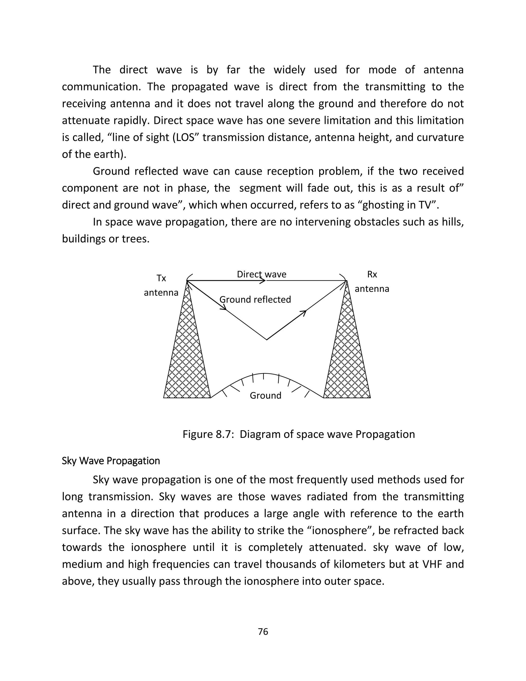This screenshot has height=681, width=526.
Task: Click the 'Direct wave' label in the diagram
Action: (x=261, y=274)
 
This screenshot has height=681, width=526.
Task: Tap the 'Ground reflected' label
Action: (x=255, y=300)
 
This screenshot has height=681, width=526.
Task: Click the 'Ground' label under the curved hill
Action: (x=266, y=396)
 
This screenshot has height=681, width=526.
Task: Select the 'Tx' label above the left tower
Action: (x=161, y=278)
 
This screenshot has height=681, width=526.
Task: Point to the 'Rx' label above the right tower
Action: (x=372, y=274)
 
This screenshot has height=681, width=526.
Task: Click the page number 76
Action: (x=263, y=632)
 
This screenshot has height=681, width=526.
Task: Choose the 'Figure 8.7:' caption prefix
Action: (x=208, y=434)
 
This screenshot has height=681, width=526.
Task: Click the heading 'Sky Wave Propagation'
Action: (x=111, y=461)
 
